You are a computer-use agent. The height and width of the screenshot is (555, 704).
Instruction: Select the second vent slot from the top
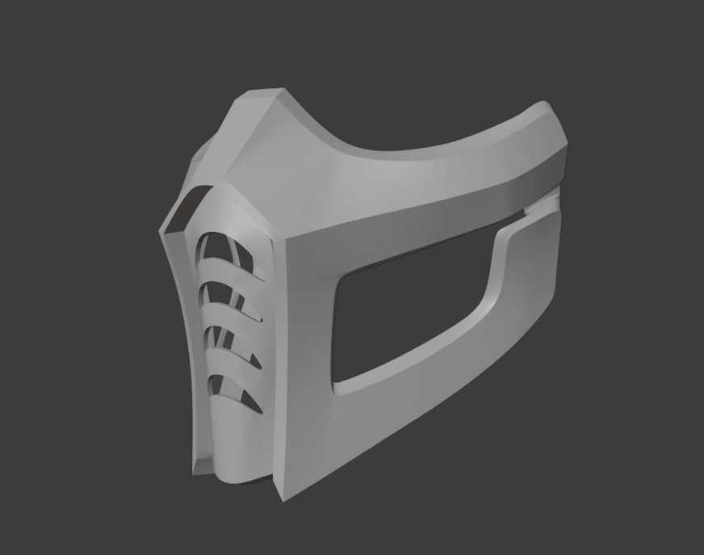pyautogui.click(x=230, y=292)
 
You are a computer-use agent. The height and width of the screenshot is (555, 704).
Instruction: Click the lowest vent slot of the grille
pyautogui.click(x=235, y=391)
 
